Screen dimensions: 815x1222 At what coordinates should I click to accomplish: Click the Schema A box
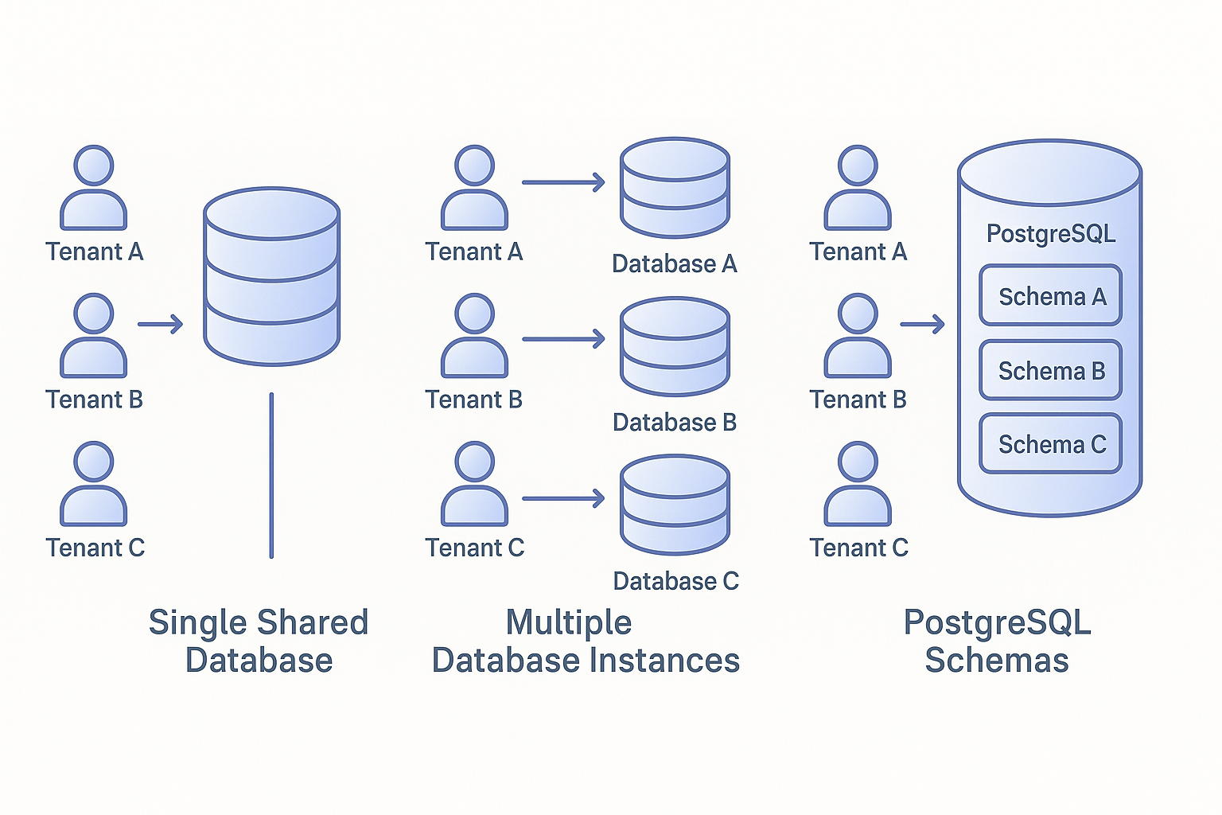(1050, 296)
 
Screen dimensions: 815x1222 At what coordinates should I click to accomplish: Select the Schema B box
(1050, 371)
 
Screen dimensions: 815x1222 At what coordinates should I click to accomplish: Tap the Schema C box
(1050, 444)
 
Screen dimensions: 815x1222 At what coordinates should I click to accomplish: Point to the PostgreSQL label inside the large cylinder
(1050, 234)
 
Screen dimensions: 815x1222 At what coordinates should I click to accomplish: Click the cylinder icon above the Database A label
(675, 188)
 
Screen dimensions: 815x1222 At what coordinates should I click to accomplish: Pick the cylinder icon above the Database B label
(675, 346)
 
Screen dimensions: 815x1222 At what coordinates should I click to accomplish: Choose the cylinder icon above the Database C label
(675, 505)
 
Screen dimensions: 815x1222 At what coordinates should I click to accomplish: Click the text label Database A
(674, 264)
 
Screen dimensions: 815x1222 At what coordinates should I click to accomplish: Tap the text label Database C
(675, 582)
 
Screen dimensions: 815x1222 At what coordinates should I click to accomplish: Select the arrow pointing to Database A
(563, 182)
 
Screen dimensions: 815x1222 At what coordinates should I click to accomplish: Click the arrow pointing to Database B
(563, 340)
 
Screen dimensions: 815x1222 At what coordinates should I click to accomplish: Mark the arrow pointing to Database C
(563, 499)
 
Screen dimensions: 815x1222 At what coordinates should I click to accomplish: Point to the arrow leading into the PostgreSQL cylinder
(922, 324)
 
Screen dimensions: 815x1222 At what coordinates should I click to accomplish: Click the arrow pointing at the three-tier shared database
(160, 324)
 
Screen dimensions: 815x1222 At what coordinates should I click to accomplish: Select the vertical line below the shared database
(271, 475)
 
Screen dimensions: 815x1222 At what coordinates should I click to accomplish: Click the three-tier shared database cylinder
(271, 276)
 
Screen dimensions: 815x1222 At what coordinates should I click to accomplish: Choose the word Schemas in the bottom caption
(997, 661)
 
